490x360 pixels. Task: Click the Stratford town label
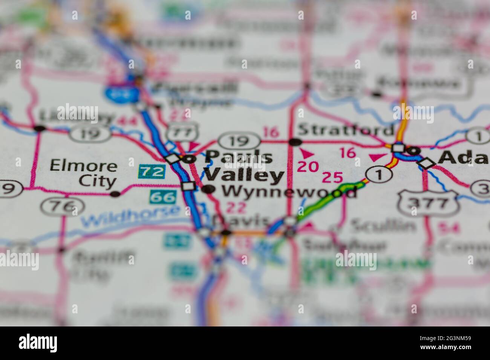pos(346,131)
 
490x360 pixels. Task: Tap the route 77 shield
pos(182,132)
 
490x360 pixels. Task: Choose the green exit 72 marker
pos(152,172)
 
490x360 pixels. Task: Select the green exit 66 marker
pos(163,197)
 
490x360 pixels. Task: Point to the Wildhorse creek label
pos(130,217)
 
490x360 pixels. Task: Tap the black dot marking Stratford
pos(295,142)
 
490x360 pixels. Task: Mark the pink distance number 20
pos(308,166)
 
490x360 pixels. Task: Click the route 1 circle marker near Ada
pos(379,174)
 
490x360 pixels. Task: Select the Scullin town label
pos(383,225)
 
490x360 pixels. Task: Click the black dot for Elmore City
pos(115,194)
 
